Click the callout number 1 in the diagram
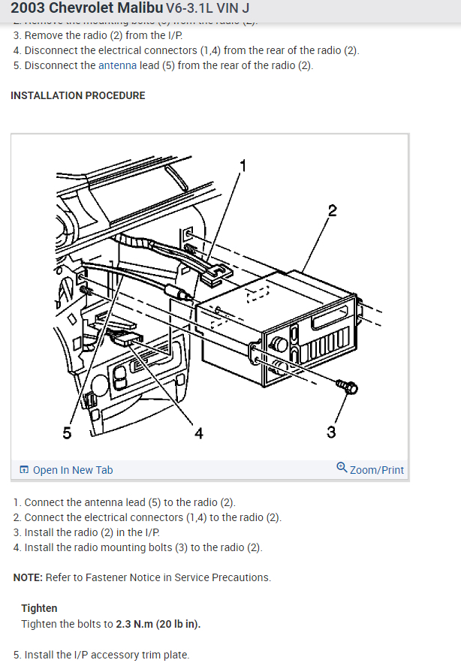(x=243, y=165)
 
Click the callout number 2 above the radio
(x=332, y=211)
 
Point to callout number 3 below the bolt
(x=331, y=432)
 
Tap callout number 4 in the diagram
(x=198, y=432)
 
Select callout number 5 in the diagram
(x=68, y=432)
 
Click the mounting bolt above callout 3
(x=348, y=387)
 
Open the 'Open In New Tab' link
(x=73, y=470)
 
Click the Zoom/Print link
(x=377, y=470)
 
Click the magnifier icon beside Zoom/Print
(x=342, y=468)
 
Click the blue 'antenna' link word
(x=117, y=65)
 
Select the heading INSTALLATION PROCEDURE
(x=78, y=95)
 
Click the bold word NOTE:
(x=28, y=577)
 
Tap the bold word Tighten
(x=39, y=608)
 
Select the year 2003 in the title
(x=29, y=9)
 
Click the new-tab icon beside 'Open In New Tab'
(x=24, y=470)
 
